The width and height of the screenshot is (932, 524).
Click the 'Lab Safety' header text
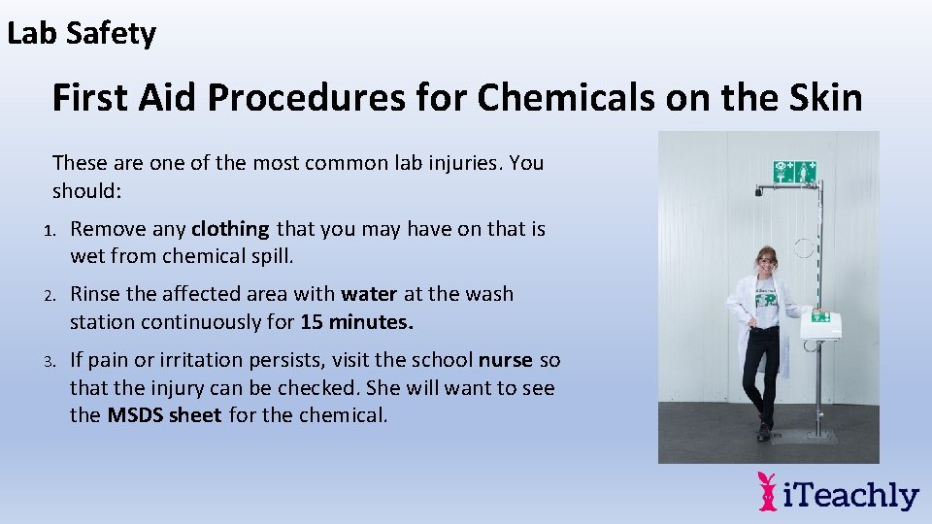[x=82, y=34]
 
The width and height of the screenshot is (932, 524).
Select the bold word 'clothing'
[x=230, y=229]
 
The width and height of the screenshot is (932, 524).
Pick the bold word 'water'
[x=369, y=294]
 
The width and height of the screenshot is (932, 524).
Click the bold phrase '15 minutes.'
[x=357, y=321]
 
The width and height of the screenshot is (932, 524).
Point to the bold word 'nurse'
[x=506, y=360]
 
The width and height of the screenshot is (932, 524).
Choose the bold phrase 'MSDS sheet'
[x=164, y=415]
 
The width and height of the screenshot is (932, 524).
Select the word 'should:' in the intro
[x=87, y=190]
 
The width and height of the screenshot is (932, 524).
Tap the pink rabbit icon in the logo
[x=768, y=491]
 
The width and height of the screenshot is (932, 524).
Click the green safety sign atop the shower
[x=794, y=172]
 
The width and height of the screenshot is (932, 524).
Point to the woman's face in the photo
[x=767, y=261]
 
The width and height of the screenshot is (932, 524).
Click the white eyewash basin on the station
[x=820, y=327]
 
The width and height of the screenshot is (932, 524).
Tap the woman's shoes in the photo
[x=763, y=432]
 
